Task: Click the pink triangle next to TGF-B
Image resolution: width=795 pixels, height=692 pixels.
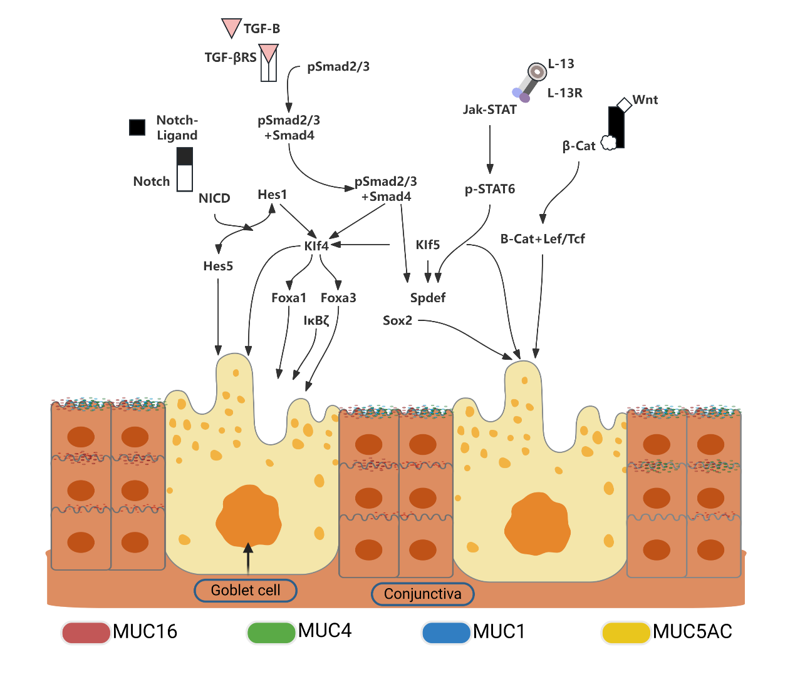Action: (x=231, y=27)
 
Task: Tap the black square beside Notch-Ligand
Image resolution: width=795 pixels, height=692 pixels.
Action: (x=137, y=127)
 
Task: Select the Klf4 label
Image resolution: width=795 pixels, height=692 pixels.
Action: (x=316, y=246)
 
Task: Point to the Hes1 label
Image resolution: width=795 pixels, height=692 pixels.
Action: (x=272, y=195)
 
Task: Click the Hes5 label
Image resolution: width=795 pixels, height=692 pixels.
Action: (x=218, y=266)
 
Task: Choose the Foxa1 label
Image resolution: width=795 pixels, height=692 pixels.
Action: (x=289, y=298)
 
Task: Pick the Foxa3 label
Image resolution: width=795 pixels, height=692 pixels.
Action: (x=338, y=298)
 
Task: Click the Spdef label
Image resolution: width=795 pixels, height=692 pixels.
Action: (x=428, y=298)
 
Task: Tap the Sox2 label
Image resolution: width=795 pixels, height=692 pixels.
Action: (x=398, y=320)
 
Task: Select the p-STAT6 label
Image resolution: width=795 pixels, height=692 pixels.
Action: (x=490, y=189)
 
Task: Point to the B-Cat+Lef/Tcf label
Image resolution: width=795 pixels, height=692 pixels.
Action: (x=543, y=238)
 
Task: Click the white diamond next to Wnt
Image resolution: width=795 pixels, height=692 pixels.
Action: (x=624, y=104)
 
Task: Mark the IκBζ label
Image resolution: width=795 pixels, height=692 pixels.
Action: (x=316, y=320)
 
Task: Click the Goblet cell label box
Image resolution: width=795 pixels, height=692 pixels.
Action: (x=246, y=590)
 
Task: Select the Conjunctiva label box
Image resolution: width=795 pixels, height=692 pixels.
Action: (x=423, y=594)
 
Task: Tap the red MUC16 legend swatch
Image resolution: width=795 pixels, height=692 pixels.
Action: (x=86, y=633)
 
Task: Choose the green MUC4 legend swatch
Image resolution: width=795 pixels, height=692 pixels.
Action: (x=271, y=632)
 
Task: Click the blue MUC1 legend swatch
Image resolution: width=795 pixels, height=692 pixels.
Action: (x=446, y=633)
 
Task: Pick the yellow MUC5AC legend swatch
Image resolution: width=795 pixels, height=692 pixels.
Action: (x=625, y=633)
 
